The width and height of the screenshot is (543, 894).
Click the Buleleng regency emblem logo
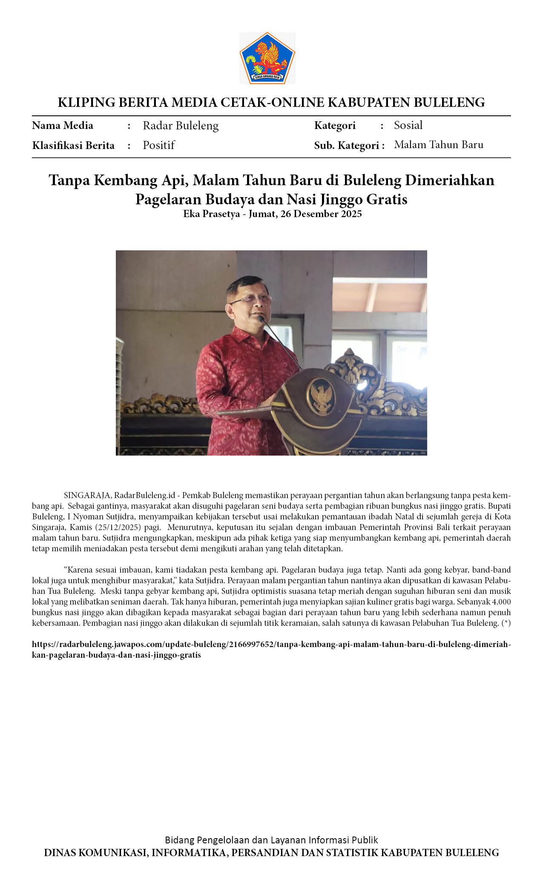point(267,57)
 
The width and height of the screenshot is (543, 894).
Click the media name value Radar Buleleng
point(181,126)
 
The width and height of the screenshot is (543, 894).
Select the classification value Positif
point(159,145)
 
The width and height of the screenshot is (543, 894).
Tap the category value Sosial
point(408,125)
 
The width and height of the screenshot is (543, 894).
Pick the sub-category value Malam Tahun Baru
point(439,145)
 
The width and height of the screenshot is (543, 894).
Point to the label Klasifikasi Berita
point(73,146)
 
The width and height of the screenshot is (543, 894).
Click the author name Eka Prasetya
point(211,214)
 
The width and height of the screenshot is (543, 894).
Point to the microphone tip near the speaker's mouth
point(259,318)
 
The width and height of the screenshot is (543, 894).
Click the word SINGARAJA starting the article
point(87,496)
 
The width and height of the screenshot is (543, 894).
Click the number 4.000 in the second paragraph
point(501,602)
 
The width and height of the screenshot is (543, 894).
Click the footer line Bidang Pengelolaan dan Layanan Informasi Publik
point(271,840)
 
